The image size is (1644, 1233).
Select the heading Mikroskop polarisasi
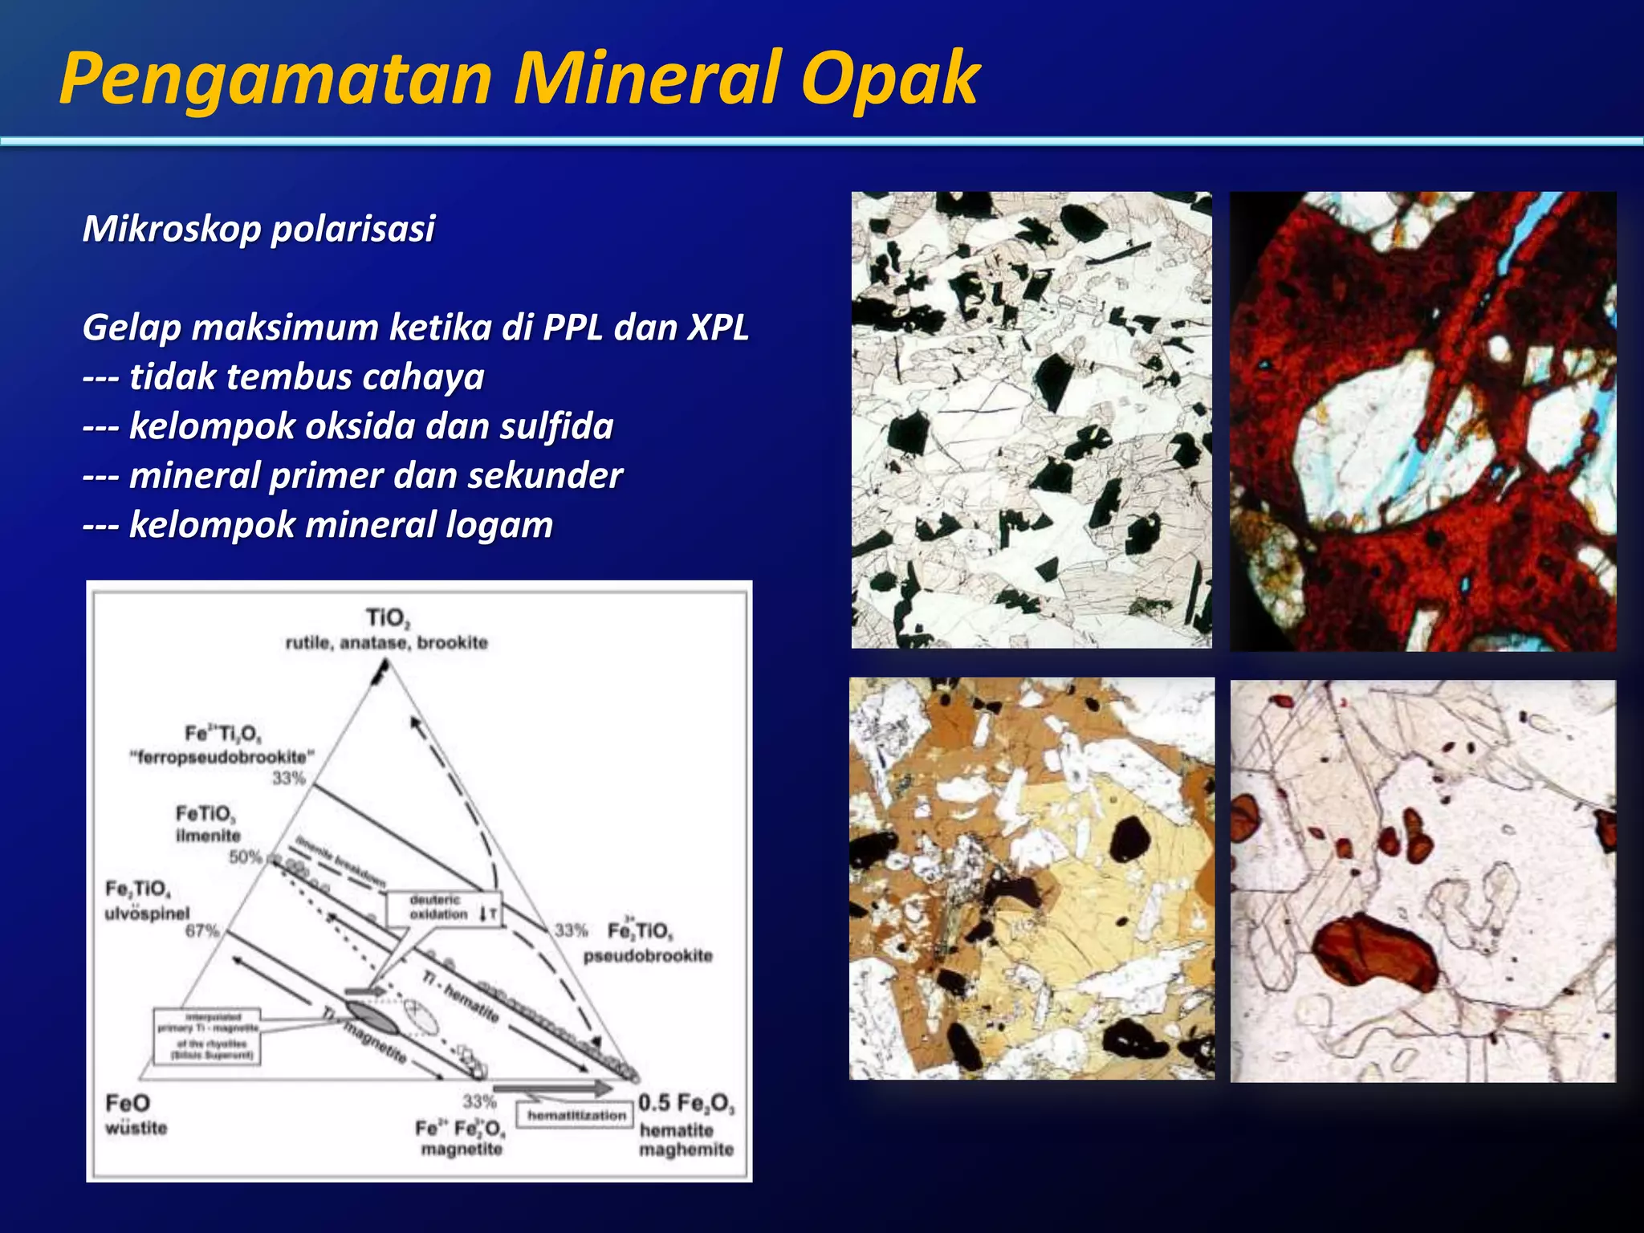coord(258,229)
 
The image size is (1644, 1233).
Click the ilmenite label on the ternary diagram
coord(207,836)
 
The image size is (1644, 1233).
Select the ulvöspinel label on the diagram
coord(147,914)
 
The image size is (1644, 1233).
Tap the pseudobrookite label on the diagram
coord(647,956)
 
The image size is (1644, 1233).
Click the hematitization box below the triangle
coord(576,1116)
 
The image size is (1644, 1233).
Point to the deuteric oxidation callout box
coord(443,908)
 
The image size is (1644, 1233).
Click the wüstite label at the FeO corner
coord(136,1128)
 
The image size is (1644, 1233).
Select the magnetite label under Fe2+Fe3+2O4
coord(461,1150)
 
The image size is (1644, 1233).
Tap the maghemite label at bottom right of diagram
coord(686,1150)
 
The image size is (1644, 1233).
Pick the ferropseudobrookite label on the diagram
coord(222,757)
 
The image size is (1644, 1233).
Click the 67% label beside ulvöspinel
coord(201,931)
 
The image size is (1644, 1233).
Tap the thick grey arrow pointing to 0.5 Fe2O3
coord(554,1089)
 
